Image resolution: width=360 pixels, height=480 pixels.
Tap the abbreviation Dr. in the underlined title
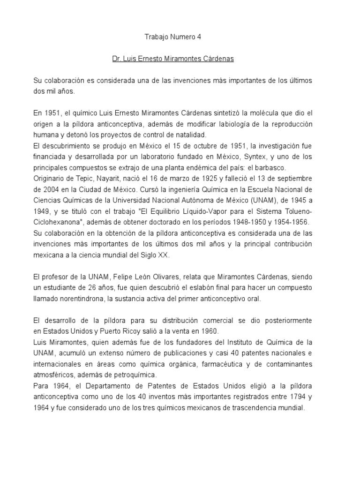117,60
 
